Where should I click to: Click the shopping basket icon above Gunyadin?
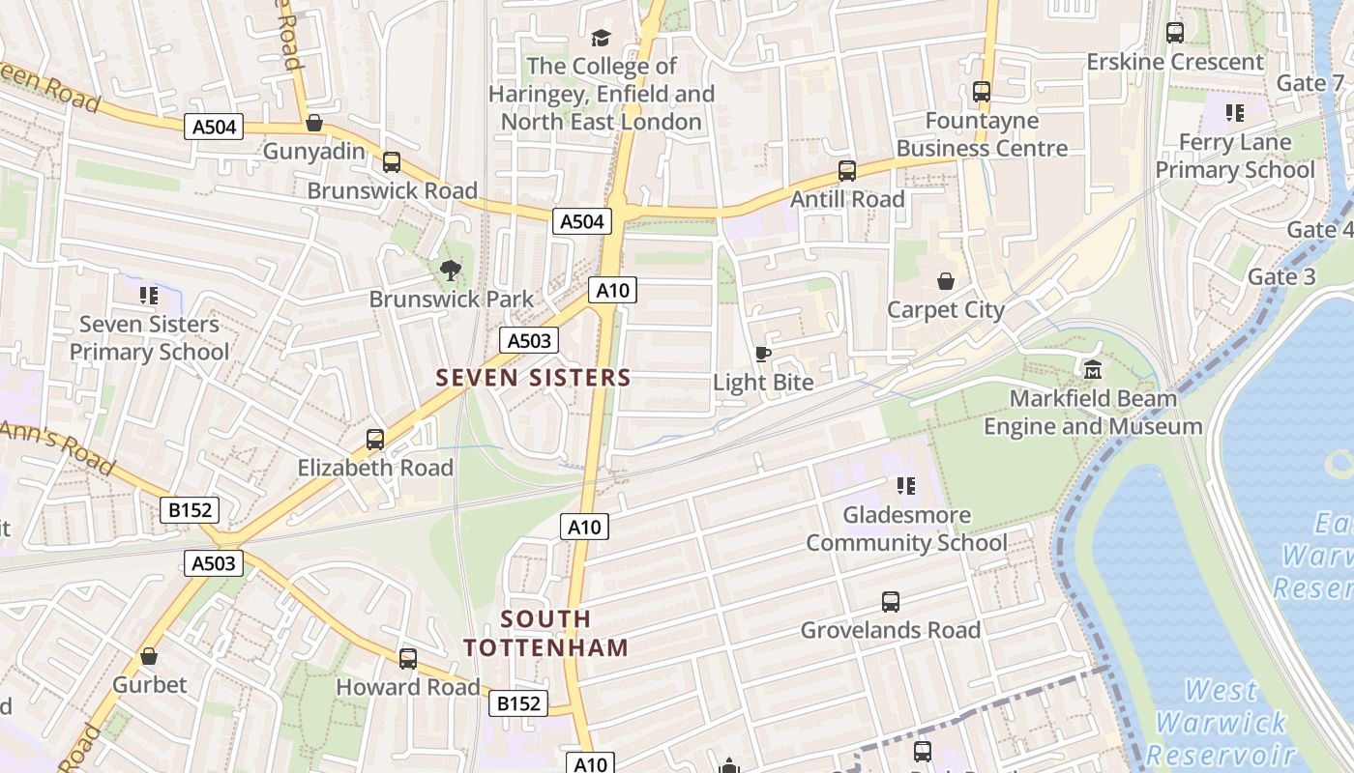coord(313,124)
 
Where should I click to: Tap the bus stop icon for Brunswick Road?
coord(392,162)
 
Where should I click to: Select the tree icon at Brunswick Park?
coord(450,271)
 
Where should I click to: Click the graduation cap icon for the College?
coord(602,38)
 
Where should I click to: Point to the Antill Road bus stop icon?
coord(847,171)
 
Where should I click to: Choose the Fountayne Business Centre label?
coord(982,134)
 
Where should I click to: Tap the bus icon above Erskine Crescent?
coord(1175,33)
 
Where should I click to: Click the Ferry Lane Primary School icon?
coord(1234,114)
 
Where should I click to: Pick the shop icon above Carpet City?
coord(946,281)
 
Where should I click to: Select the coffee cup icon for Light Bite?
coord(762,354)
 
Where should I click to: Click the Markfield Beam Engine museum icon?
coord(1093,369)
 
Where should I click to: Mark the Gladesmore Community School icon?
coord(906,486)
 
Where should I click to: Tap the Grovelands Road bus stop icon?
coord(891,602)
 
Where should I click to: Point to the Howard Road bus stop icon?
coord(408,659)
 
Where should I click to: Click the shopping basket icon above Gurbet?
coord(149,656)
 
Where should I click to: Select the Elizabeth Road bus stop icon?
coord(375,440)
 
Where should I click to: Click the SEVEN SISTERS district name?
coord(533,378)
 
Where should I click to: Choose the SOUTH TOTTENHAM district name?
coord(545,633)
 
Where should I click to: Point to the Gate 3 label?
coord(1281,277)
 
